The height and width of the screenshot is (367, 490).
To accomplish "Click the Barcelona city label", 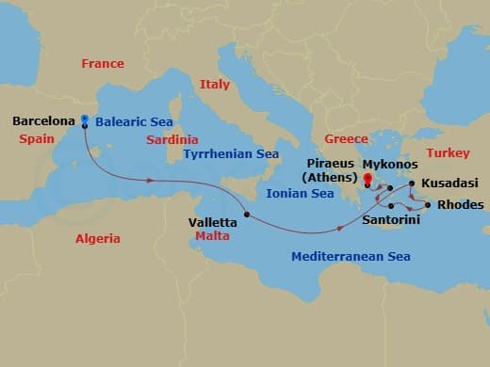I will pyautogui.click(x=44, y=121).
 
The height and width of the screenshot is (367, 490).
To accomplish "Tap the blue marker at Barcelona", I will pyautogui.click(x=85, y=120).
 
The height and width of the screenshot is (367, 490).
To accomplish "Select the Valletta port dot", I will pyautogui.click(x=247, y=215).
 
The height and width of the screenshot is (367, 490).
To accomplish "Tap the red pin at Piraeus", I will pyautogui.click(x=367, y=176).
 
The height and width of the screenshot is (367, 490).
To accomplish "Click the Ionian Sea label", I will pyautogui.click(x=301, y=193).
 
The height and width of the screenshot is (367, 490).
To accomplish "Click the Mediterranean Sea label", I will pyautogui.click(x=351, y=256).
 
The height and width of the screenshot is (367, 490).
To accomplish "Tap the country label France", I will pyautogui.click(x=102, y=64).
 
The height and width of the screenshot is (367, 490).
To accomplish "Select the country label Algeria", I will pyautogui.click(x=98, y=238).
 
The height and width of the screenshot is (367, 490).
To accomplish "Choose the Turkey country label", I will pyautogui.click(x=447, y=152).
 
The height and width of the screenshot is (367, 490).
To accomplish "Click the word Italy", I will pyautogui.click(x=214, y=85).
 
